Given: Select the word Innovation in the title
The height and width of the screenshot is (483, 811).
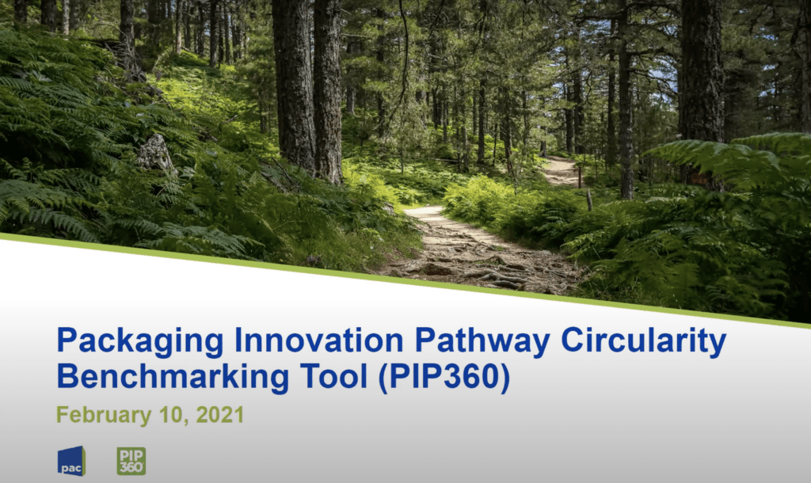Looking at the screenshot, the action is (x=318, y=340).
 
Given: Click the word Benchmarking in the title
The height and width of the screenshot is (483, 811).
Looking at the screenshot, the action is (x=173, y=376).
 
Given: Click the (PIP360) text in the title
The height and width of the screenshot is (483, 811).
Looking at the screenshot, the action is (x=444, y=377).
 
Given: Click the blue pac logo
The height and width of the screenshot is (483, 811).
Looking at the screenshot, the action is (x=71, y=461).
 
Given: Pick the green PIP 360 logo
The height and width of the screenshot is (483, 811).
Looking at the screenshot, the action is (x=131, y=462).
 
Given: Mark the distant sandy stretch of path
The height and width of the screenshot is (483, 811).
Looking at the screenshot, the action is (x=562, y=171).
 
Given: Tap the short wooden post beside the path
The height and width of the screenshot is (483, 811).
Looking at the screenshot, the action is (x=588, y=200).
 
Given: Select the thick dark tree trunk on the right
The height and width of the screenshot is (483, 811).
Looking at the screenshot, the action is (x=701, y=78).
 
